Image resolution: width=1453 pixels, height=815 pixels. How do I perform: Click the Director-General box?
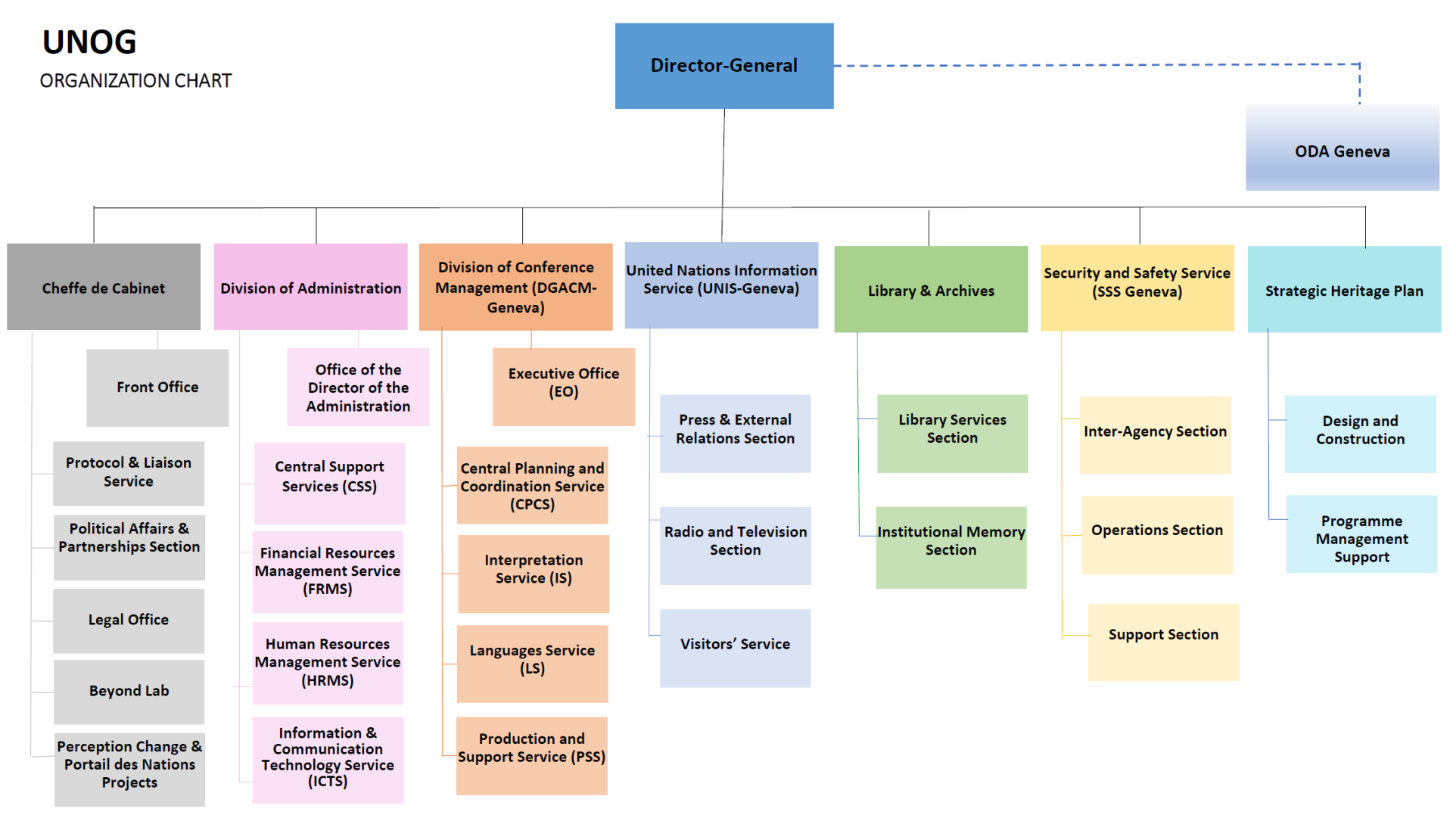click(724, 66)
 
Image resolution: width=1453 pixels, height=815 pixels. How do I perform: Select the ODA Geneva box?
click(1342, 148)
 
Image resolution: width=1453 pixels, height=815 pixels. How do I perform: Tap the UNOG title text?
click(89, 42)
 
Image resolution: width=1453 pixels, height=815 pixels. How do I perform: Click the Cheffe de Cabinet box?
click(104, 287)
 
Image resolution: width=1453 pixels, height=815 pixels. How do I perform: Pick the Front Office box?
click(157, 387)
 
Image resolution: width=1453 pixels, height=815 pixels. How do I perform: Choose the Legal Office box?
click(129, 621)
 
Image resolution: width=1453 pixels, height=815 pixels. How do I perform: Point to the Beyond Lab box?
click(129, 691)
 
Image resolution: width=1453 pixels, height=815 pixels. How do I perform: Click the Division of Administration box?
click(310, 287)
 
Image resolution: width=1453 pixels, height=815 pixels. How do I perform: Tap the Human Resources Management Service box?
click(328, 663)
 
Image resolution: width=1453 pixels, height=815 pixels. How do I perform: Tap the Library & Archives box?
click(931, 289)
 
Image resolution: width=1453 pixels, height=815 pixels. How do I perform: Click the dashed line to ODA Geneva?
click(1097, 65)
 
